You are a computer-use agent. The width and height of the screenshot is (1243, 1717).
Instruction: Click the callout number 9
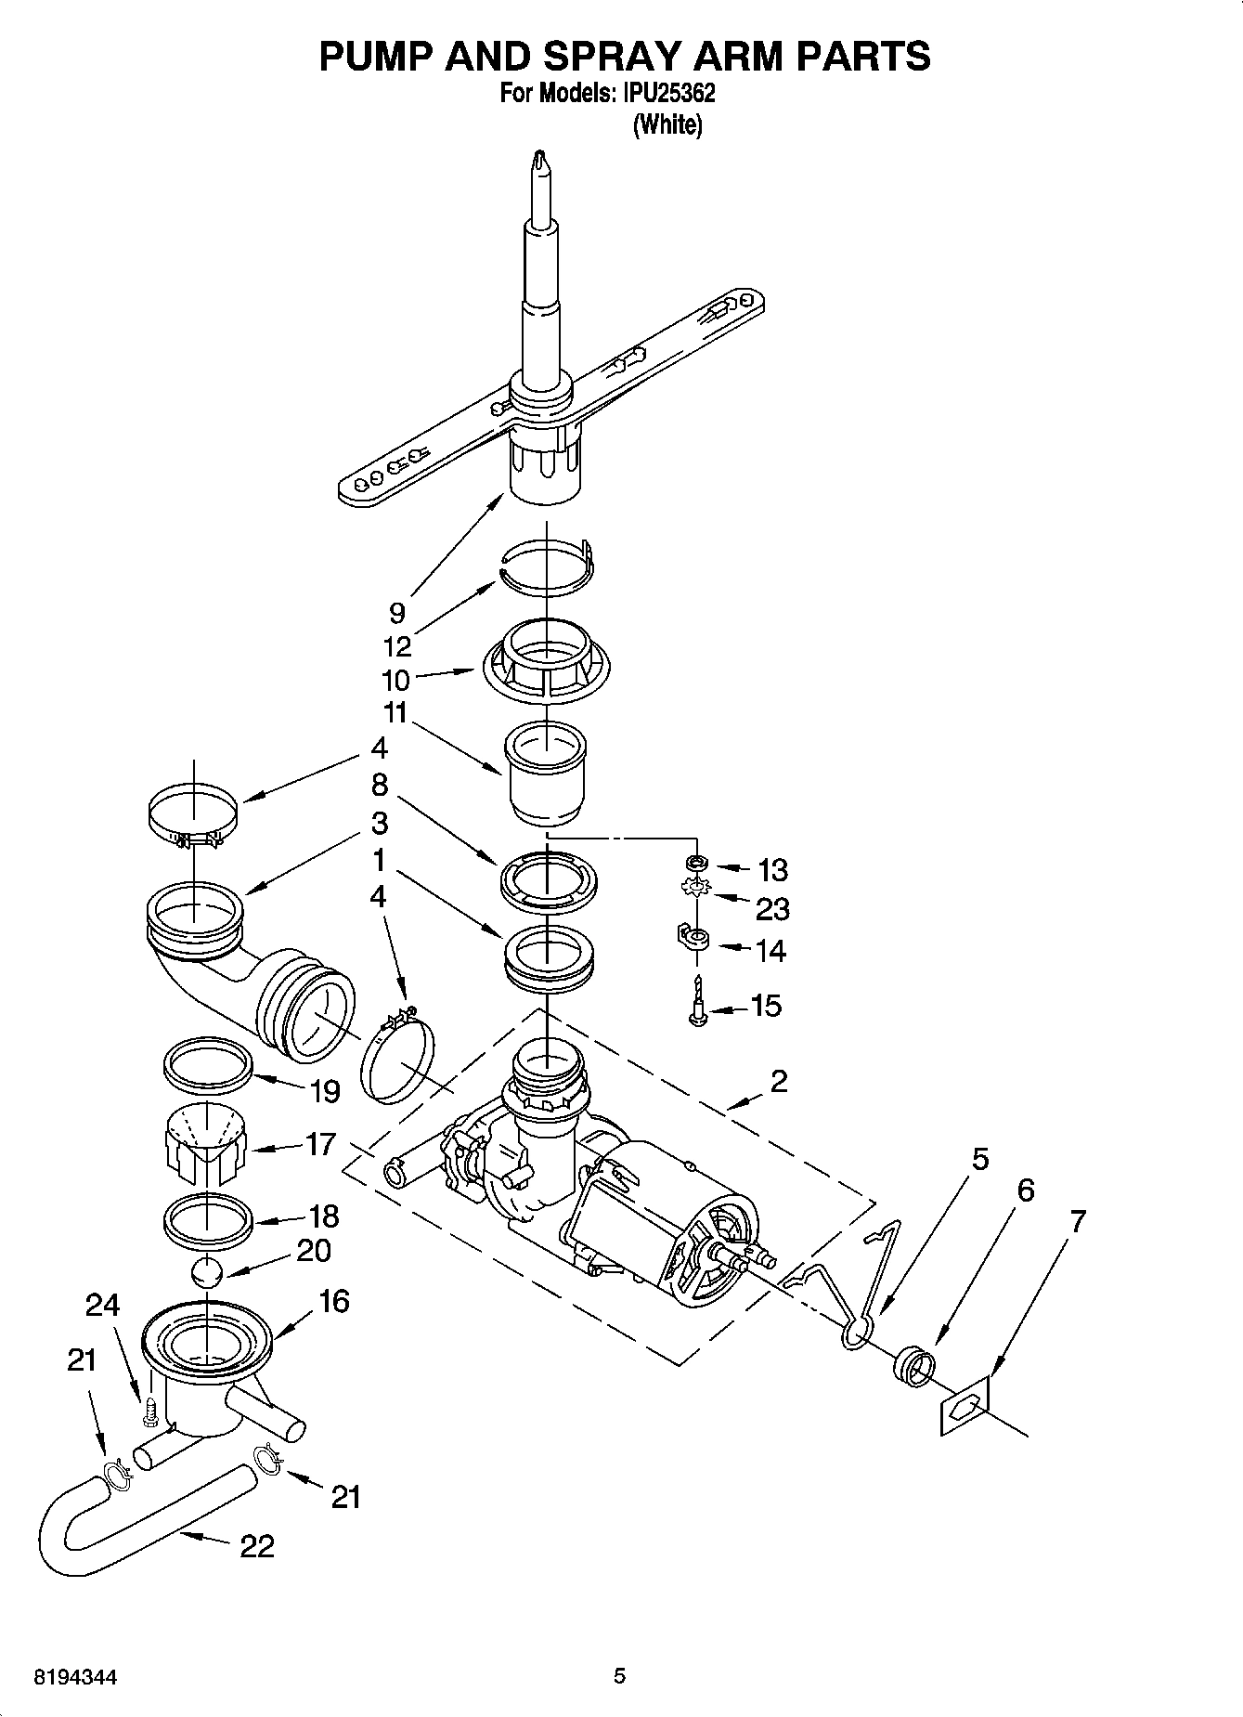[397, 613]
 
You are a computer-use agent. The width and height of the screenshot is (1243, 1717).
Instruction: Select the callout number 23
[771, 908]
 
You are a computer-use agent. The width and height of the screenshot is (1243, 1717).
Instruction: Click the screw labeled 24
[149, 1414]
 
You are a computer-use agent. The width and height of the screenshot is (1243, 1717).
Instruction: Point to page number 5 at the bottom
[620, 1675]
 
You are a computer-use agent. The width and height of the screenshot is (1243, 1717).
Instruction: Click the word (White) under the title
[667, 124]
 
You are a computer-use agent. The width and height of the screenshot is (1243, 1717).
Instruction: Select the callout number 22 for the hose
[256, 1546]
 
